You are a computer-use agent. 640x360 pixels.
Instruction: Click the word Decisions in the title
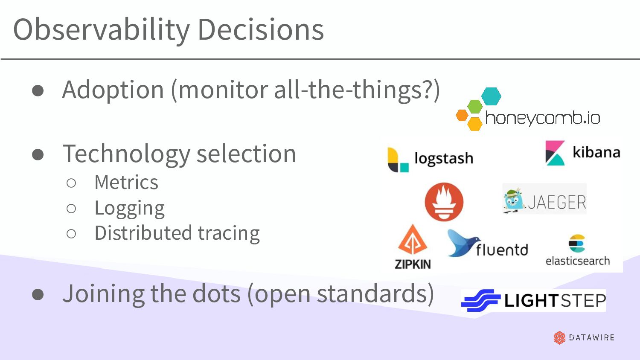coord(261,30)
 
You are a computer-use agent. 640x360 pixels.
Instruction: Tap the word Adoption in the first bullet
coord(113,90)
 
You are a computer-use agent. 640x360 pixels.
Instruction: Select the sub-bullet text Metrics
coord(126,183)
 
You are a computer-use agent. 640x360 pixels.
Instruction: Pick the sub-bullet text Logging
coord(129,208)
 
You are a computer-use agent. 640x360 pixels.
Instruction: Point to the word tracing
coord(228,234)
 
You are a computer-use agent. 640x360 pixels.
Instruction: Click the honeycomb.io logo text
coord(543,118)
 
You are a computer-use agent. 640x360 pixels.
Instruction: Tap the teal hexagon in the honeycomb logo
coord(491,96)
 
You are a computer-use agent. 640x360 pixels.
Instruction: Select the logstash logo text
coord(444,158)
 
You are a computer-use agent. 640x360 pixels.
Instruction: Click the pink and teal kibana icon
coord(555,153)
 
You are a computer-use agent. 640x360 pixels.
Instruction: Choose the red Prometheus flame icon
coord(444,202)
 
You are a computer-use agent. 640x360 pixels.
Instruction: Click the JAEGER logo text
coord(557,202)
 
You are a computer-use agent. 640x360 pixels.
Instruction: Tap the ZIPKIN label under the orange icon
coord(413,264)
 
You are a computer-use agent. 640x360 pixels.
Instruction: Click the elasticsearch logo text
coord(578,261)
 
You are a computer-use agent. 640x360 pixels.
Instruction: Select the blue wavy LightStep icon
coord(480,301)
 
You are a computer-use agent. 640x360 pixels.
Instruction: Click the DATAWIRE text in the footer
coord(592,337)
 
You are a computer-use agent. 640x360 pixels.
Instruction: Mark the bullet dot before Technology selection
coord(38,154)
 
